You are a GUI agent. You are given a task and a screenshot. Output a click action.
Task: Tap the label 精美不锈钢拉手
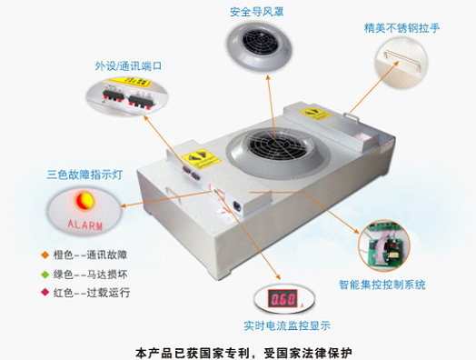click(x=401, y=28)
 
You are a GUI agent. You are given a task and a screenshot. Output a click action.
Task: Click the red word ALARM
click(x=86, y=223)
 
